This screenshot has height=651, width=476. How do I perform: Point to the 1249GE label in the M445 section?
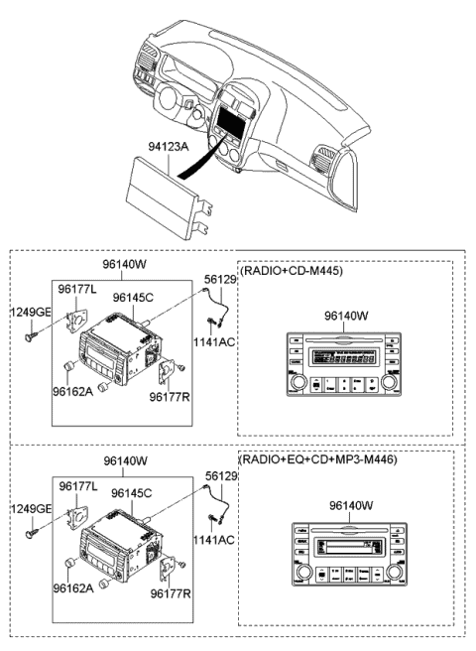(30, 312)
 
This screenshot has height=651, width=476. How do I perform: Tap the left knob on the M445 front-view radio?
(296, 382)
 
